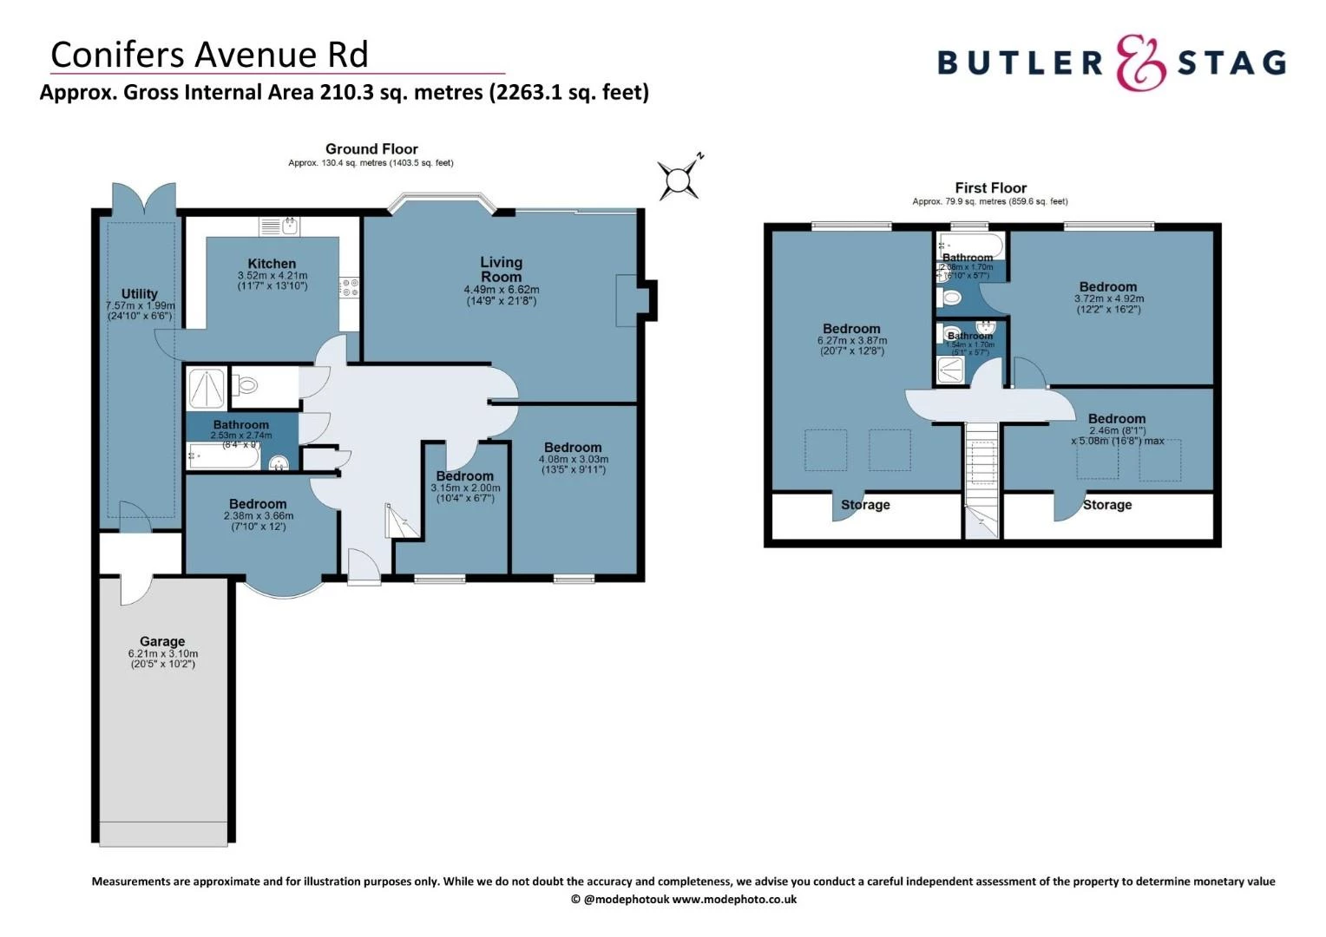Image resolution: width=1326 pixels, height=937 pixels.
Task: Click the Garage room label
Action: pyautogui.click(x=162, y=641)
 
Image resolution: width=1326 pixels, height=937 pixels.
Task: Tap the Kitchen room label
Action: pyautogui.click(x=272, y=264)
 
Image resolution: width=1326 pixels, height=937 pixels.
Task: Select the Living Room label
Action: pyautogui.click(x=502, y=269)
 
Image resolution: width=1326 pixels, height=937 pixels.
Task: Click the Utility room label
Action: pyautogui.click(x=140, y=294)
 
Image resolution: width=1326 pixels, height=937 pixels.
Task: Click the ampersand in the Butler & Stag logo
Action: pyautogui.click(x=1139, y=63)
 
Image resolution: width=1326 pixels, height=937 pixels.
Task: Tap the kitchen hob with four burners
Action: pyautogui.click(x=351, y=287)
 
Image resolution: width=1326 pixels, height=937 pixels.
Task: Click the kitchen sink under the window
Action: pyautogui.click(x=280, y=227)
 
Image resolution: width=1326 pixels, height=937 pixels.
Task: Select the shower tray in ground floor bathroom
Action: pyautogui.click(x=207, y=388)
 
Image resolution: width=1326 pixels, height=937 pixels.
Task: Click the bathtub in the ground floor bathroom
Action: pyautogui.click(x=223, y=455)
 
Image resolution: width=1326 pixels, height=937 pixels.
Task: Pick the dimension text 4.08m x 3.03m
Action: pyautogui.click(x=574, y=459)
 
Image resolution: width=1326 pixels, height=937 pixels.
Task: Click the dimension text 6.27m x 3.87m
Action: pyautogui.click(x=851, y=340)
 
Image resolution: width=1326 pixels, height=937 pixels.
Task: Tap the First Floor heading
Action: pyautogui.click(x=990, y=187)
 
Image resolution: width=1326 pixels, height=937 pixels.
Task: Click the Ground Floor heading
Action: pyautogui.click(x=371, y=149)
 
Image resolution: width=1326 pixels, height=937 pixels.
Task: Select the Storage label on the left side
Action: pyautogui.click(x=865, y=505)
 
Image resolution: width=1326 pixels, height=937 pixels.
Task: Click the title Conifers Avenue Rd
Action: pyautogui.click(x=209, y=55)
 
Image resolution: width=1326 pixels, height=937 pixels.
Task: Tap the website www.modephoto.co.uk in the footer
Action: pyautogui.click(x=734, y=900)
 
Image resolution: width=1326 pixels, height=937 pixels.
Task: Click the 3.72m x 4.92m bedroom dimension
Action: pyautogui.click(x=1108, y=298)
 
